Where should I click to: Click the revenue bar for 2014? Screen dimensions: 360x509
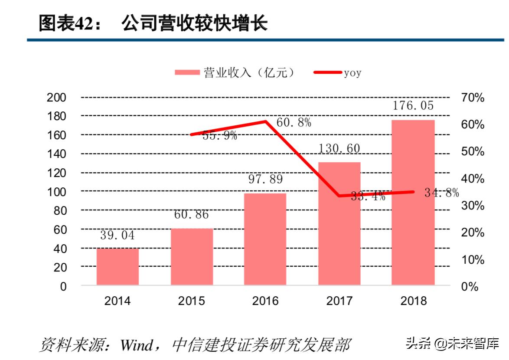coord(117,266)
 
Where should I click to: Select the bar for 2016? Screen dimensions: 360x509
coord(265,239)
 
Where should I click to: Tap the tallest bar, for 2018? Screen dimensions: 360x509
coord(413,202)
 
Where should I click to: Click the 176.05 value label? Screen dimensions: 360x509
coord(413,105)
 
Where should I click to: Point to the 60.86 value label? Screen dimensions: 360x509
coord(191,214)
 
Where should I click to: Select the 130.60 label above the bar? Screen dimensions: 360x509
coord(339,148)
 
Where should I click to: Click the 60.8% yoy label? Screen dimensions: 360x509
coord(294,123)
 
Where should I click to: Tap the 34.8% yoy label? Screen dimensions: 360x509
coord(441,193)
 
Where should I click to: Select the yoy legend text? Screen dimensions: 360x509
coord(352,73)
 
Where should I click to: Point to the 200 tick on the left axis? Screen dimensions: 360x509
coord(56,98)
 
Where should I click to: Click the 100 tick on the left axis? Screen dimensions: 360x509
coord(56,192)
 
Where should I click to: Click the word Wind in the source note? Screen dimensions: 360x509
coord(137,345)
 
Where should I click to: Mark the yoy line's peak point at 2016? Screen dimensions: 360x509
coord(265,121)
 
